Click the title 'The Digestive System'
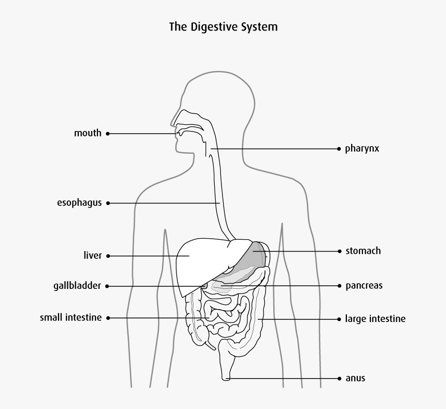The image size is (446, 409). coord(223,26)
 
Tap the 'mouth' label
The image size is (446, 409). coord(88,133)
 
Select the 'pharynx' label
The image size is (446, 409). coord(362,149)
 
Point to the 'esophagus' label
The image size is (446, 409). coord(79,203)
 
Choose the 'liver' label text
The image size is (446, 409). coord(92,255)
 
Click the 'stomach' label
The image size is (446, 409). coord(363,251)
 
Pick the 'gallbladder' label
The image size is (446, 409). coord(77,286)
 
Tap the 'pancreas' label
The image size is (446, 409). coord(364,285)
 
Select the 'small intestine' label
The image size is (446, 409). coord(71,317)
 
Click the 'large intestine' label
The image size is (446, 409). coord(375,318)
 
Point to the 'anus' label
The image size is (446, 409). coord(355,378)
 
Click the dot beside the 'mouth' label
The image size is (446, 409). coord(108,134)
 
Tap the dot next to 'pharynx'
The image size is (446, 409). coord(339,149)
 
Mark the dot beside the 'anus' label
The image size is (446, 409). coord(339,378)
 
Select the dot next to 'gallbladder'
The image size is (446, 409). coord(108,286)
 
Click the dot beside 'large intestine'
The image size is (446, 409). coord(339,318)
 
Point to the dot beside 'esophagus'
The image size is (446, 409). coord(108,203)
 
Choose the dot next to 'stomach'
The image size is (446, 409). coord(339,251)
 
